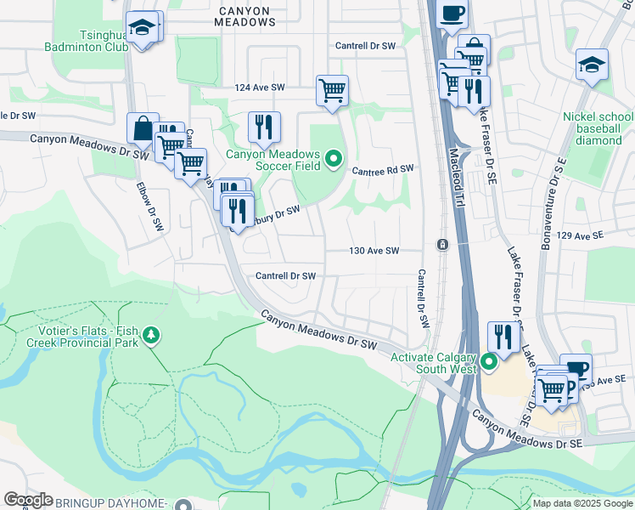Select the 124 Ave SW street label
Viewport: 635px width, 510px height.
[x=260, y=88]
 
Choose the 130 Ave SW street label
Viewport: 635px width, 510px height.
[x=374, y=251]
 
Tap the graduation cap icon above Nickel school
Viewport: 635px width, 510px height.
[x=592, y=65]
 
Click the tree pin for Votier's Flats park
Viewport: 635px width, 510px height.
[x=151, y=336]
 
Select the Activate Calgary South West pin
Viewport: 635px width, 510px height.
[x=489, y=363]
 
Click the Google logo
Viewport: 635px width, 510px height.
[x=28, y=500]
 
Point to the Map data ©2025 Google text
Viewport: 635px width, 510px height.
[x=582, y=503]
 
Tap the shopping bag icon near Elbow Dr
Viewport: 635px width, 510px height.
[x=143, y=128]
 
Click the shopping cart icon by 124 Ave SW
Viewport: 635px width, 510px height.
[x=332, y=89]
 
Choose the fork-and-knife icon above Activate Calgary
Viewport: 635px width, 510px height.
[x=503, y=337]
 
